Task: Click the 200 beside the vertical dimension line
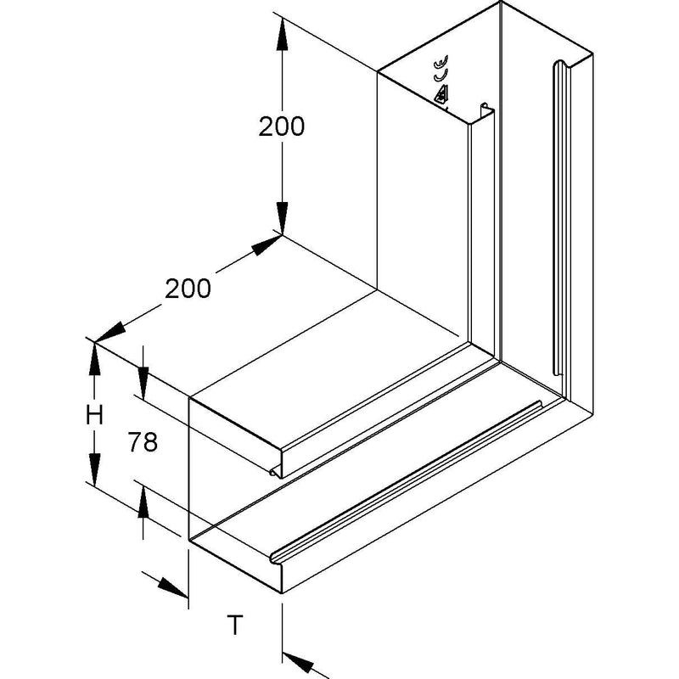pos(282,126)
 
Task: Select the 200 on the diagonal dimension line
pos(188,289)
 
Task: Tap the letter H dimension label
pos(94,415)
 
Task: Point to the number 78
pos(143,442)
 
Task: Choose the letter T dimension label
pos(235,625)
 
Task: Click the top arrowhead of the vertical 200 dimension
pos(282,33)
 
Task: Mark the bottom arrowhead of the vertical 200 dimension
pos(282,219)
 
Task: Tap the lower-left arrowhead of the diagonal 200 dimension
pos(110,333)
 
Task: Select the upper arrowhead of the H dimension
pos(94,357)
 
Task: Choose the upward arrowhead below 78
pos(143,502)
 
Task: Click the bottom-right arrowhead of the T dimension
pos(298,664)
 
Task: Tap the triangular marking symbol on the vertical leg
pos(441,94)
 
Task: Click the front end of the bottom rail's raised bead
pos(274,558)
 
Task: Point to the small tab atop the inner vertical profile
pos(485,107)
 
